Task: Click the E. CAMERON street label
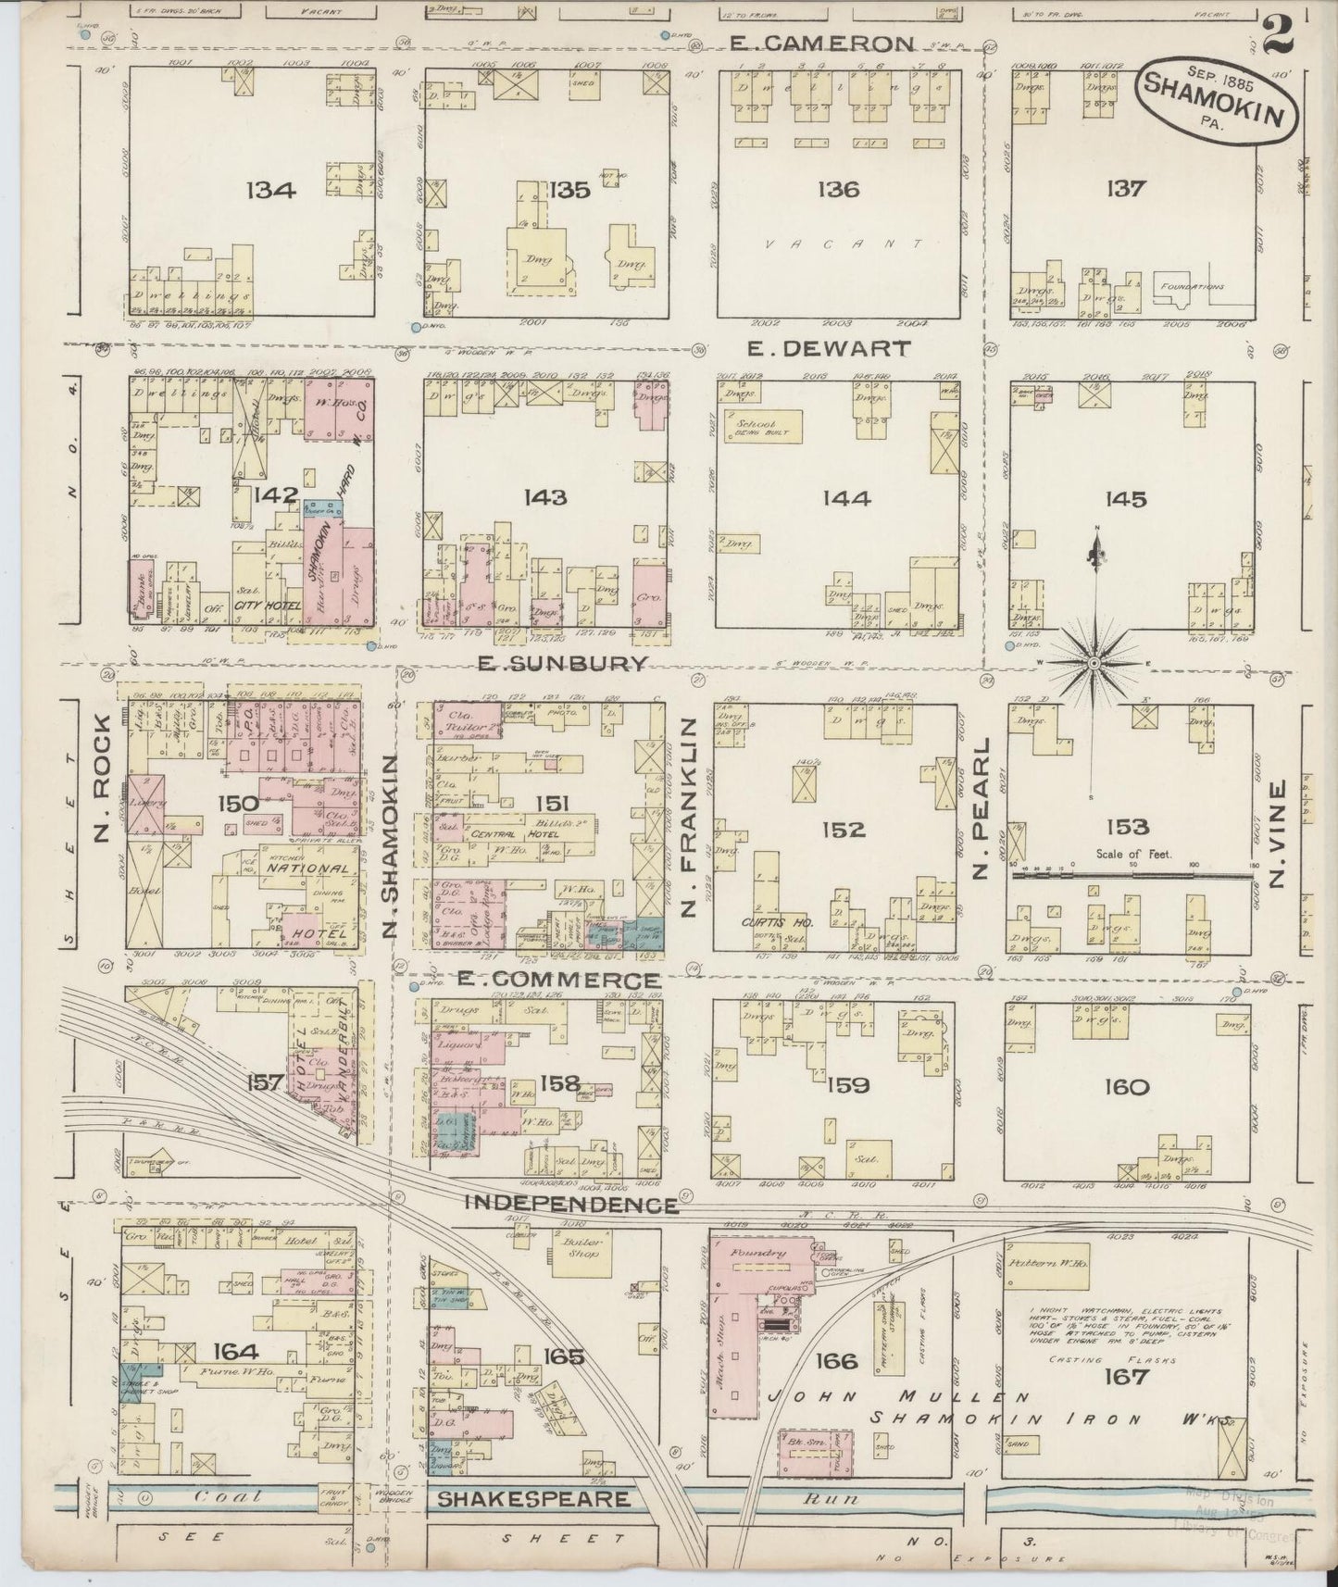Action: tap(821, 43)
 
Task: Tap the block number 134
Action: tap(270, 191)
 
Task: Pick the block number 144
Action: tap(845, 499)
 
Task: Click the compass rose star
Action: tap(1094, 663)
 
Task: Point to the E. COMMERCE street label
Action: tap(569, 980)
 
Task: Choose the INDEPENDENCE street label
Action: tap(570, 1204)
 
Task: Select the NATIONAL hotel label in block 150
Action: tap(308, 868)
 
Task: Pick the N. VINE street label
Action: tap(1277, 835)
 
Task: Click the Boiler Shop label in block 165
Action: tap(575, 1247)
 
